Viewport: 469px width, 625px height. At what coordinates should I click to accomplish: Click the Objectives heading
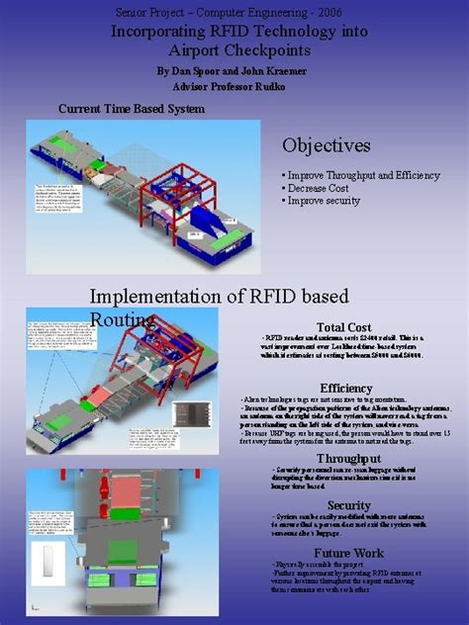326,145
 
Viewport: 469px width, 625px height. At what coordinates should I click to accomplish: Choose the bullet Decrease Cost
321,188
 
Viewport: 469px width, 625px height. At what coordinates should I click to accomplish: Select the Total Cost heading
343,327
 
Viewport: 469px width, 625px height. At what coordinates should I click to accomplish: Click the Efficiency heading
345,388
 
